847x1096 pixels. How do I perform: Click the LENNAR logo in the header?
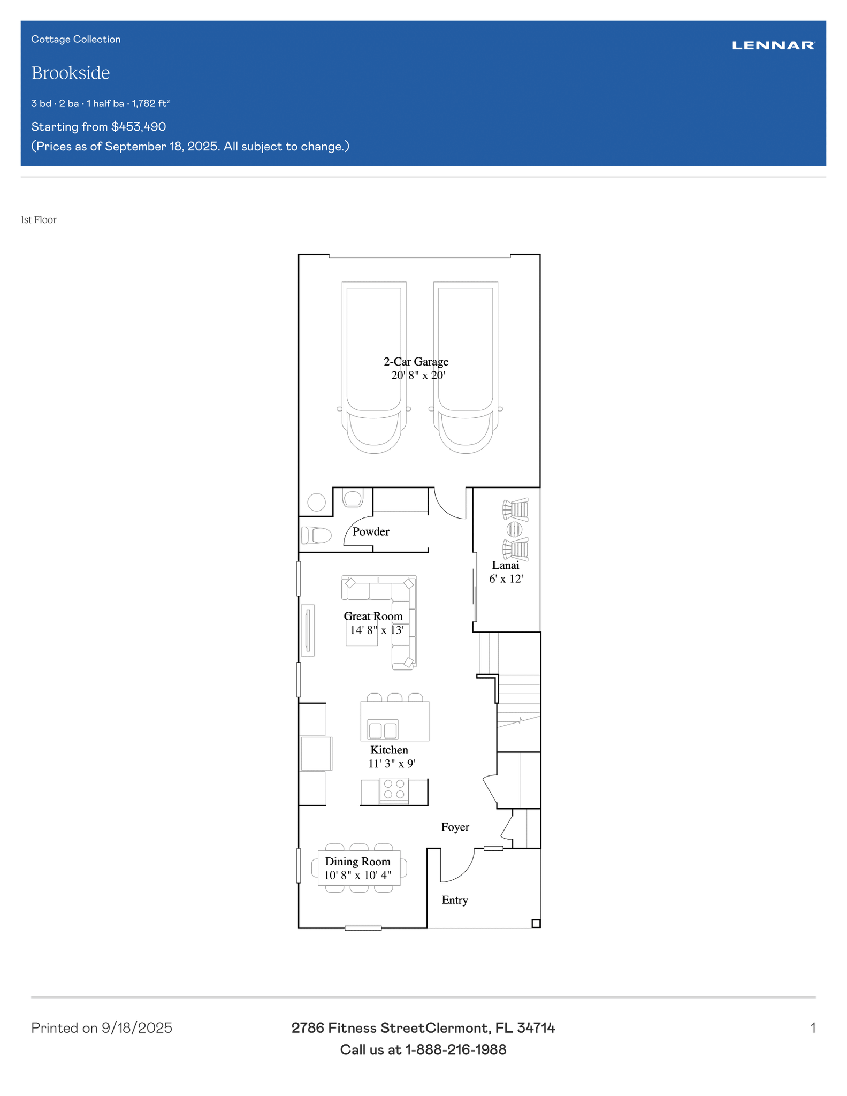tap(773, 45)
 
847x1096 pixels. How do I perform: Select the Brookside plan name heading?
tap(71, 73)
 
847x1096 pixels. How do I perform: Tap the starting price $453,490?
tap(139, 127)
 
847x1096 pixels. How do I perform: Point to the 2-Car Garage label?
tap(416, 362)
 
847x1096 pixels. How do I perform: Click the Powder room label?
tap(371, 531)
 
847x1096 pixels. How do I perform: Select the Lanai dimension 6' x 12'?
tap(506, 579)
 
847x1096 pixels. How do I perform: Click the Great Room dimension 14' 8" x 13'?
tap(376, 630)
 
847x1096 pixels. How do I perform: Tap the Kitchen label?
tap(389, 750)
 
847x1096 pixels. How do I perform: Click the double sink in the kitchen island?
tap(383, 730)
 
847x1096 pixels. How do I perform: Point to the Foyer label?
tap(455, 827)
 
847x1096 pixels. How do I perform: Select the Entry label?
tap(455, 900)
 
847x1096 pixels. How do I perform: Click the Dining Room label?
tap(358, 862)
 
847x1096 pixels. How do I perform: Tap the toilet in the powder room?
tap(316, 535)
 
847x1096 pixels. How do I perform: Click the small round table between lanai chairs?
tap(514, 529)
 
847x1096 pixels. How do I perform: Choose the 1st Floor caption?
tap(39, 220)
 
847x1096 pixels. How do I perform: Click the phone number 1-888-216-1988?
tap(455, 1049)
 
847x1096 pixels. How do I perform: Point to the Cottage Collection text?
tap(76, 39)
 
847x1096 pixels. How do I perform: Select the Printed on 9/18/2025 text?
tap(102, 1028)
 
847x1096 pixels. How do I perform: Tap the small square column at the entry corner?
tap(536, 924)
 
